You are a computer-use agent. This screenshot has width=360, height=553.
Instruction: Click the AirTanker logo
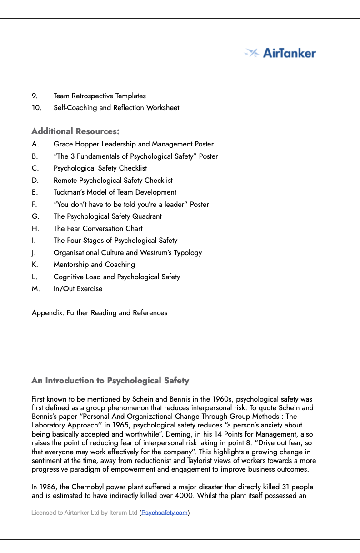click(280, 53)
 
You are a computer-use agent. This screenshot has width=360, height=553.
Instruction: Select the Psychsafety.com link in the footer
click(164, 513)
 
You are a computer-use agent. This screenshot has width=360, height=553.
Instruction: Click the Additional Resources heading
click(75, 131)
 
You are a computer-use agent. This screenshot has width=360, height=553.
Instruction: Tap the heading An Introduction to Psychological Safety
click(110, 381)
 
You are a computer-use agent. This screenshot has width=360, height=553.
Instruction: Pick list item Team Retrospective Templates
click(100, 96)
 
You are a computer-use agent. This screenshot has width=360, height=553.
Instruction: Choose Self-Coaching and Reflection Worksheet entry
click(116, 108)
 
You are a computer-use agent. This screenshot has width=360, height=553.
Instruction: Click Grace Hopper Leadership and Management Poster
click(133, 144)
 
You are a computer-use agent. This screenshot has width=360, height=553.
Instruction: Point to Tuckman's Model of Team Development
click(115, 192)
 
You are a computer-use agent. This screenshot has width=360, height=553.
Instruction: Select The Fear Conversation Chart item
click(98, 229)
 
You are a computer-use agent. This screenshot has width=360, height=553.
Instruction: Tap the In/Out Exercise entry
click(78, 289)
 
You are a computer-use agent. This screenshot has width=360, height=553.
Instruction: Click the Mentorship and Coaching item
click(94, 265)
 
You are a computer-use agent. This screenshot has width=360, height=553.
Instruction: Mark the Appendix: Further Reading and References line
click(100, 313)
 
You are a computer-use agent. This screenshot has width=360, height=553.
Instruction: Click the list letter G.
click(35, 216)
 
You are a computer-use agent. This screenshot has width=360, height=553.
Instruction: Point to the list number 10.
click(36, 108)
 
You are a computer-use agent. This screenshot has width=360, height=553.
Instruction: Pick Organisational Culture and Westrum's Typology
click(128, 253)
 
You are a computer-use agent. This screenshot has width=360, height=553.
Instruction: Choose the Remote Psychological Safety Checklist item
click(113, 181)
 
